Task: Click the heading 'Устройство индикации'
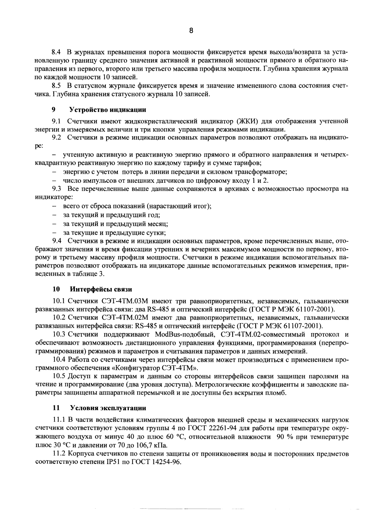pyautogui.click(x=107, y=110)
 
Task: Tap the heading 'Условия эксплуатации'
pyautogui.click(x=108, y=408)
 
